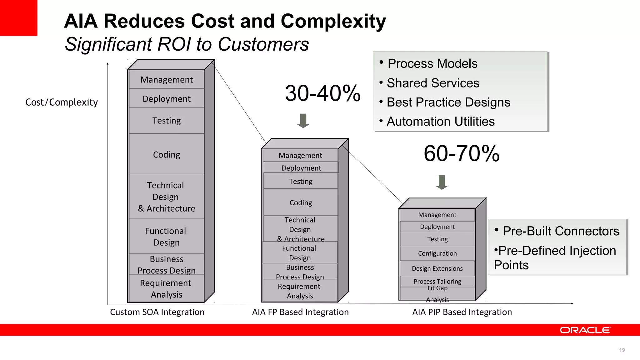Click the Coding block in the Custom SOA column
tap(167, 154)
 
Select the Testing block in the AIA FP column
tap(301, 181)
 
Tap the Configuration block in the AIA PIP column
tap(437, 253)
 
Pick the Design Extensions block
tap(437, 268)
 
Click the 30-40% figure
tap(323, 93)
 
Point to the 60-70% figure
tap(462, 153)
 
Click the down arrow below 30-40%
tap(303, 121)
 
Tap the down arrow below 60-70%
tap(442, 182)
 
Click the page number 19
tap(622, 350)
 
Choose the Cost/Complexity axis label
tap(62, 102)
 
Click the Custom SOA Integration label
tap(157, 312)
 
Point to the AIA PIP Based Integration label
tap(462, 312)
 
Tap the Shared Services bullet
tap(433, 83)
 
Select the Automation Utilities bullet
tap(441, 121)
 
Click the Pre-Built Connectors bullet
tap(561, 231)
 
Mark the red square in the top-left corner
tap(18, 18)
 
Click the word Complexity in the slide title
tap(333, 21)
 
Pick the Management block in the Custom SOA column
tap(167, 80)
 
